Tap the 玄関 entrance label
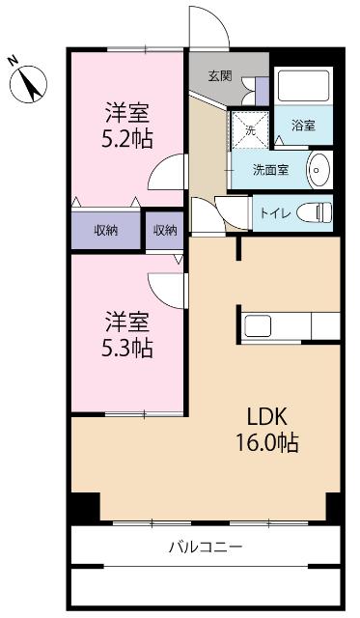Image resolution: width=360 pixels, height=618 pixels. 219,76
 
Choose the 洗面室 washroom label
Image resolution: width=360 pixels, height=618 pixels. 270,169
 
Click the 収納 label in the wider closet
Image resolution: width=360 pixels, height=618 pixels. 105,230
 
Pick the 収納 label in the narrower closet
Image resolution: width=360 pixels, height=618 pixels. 165,230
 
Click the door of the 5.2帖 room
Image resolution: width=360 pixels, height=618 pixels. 167,174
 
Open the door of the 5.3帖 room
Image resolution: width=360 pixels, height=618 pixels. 166,287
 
